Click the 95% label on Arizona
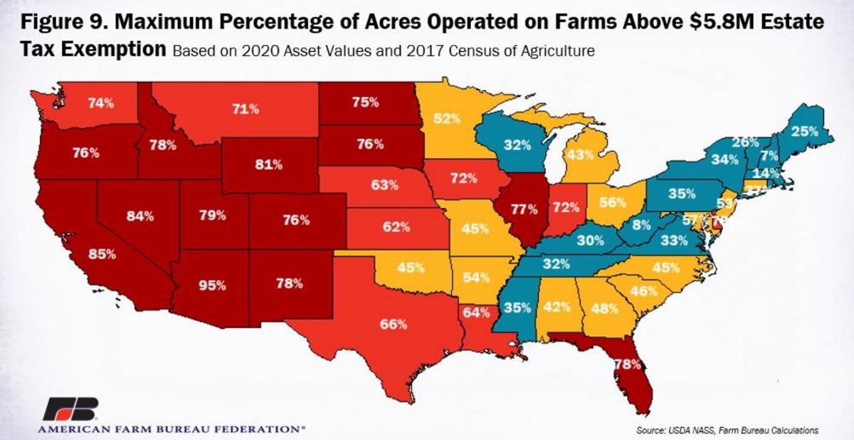point(211,285)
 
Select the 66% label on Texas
point(393,324)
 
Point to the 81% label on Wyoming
point(268,164)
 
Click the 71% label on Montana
point(245,110)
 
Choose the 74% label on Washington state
point(101,103)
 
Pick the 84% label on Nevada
point(140,216)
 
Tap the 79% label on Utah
point(211,214)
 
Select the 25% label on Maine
point(803,131)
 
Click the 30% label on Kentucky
point(590,241)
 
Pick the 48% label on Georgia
point(603,309)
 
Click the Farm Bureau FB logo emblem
point(71,410)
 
